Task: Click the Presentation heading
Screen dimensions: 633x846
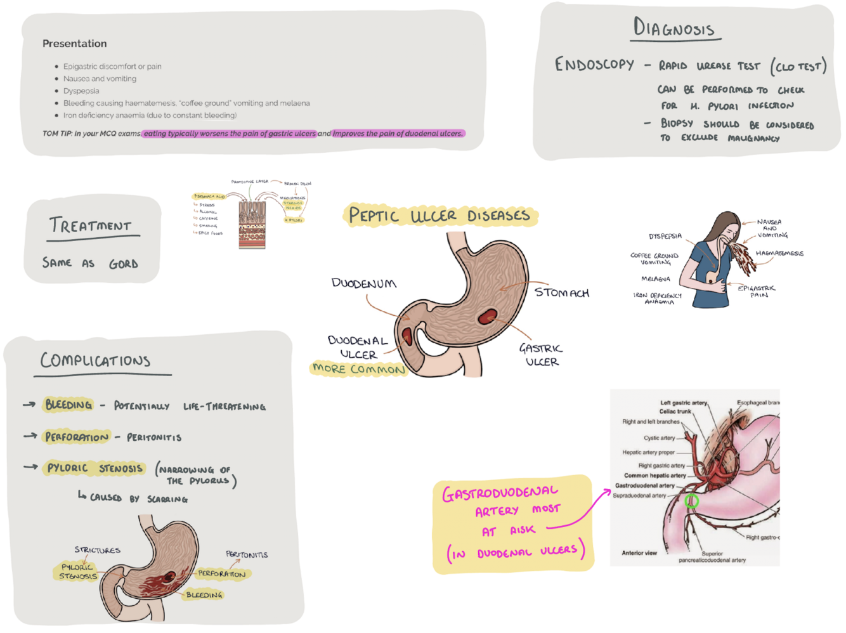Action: coord(74,44)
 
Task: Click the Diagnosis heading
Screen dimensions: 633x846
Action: coord(674,28)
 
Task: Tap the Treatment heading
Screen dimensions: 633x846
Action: coord(91,226)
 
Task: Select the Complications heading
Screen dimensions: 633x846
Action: coord(96,360)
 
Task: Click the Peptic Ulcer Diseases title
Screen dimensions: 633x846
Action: coord(439,216)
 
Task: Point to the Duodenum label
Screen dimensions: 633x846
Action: coord(364,284)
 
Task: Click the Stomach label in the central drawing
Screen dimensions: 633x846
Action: coord(562,292)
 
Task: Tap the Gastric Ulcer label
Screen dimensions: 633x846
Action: coord(541,355)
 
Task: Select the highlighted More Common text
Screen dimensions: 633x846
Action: coord(358,369)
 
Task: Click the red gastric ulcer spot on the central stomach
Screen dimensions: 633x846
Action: coord(488,316)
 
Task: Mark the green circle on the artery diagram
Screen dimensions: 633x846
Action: coord(693,502)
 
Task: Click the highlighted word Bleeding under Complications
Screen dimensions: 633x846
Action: coord(68,405)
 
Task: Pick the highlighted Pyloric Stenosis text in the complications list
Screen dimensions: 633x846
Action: coord(95,468)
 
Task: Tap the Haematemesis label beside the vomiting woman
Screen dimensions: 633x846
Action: coord(779,253)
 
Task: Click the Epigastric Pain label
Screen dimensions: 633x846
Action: coord(757,291)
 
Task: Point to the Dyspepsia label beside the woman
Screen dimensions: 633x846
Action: coord(665,236)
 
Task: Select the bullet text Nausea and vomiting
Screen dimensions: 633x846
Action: coord(100,79)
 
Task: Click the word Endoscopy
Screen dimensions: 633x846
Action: coord(594,65)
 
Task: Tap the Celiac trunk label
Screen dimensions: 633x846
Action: coord(675,411)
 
